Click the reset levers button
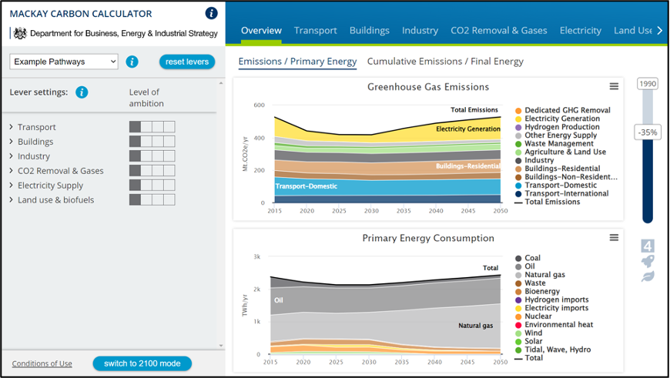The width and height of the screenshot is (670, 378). (187, 62)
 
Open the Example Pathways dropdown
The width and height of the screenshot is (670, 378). (64, 62)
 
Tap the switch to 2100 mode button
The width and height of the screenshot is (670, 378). (142, 363)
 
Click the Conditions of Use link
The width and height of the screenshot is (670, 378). (42, 363)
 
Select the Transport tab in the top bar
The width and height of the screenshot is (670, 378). (316, 30)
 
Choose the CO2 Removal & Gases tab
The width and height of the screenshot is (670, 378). (499, 30)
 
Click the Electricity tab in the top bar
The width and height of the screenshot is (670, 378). (581, 30)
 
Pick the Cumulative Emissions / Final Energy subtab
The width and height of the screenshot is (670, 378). (445, 61)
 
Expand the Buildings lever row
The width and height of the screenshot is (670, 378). (35, 142)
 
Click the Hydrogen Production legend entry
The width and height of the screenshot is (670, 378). (562, 127)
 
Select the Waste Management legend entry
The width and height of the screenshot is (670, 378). (559, 144)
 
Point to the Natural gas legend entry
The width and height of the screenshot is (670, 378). (545, 275)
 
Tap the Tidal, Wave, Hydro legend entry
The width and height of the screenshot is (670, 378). (557, 350)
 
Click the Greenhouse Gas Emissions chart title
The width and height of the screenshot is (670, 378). (428, 86)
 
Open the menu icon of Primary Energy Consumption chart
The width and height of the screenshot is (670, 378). (614, 238)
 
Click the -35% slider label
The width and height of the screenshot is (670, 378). (647, 132)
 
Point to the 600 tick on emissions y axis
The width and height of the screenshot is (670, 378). (259, 105)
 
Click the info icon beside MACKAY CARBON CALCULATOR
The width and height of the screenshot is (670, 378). (212, 13)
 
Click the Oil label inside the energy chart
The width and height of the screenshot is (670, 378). (279, 300)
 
